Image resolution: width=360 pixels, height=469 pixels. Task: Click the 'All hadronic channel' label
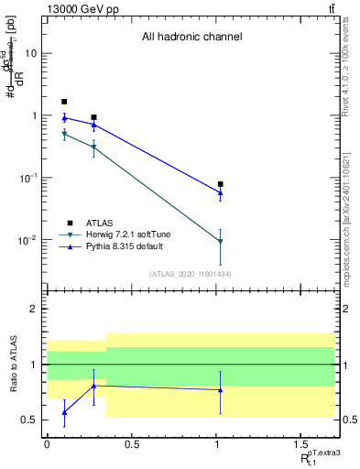(191, 38)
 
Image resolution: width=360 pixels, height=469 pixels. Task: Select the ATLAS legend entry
(100, 222)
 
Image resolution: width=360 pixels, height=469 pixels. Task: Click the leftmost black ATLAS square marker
(64, 102)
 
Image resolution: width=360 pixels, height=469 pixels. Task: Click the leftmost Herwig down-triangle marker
(64, 135)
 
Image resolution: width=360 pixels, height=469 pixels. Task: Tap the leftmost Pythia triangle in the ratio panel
(64, 412)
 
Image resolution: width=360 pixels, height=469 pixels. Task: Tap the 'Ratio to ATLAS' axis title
(14, 365)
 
